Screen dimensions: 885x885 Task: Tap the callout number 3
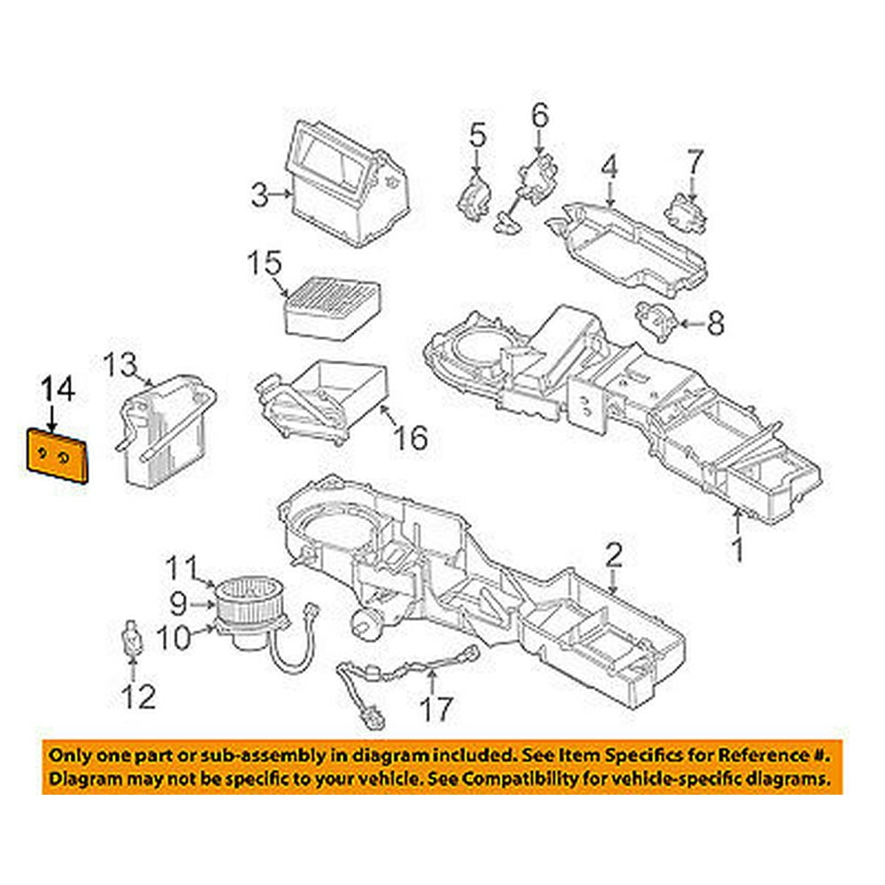click(x=258, y=194)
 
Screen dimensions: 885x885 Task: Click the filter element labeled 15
click(x=332, y=304)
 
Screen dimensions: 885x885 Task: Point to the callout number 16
click(x=412, y=436)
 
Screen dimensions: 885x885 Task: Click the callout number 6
click(x=540, y=115)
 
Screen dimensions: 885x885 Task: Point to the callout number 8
click(x=714, y=324)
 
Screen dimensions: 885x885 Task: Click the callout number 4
click(x=609, y=167)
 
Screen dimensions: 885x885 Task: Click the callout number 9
click(x=178, y=604)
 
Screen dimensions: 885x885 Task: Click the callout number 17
click(x=435, y=708)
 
